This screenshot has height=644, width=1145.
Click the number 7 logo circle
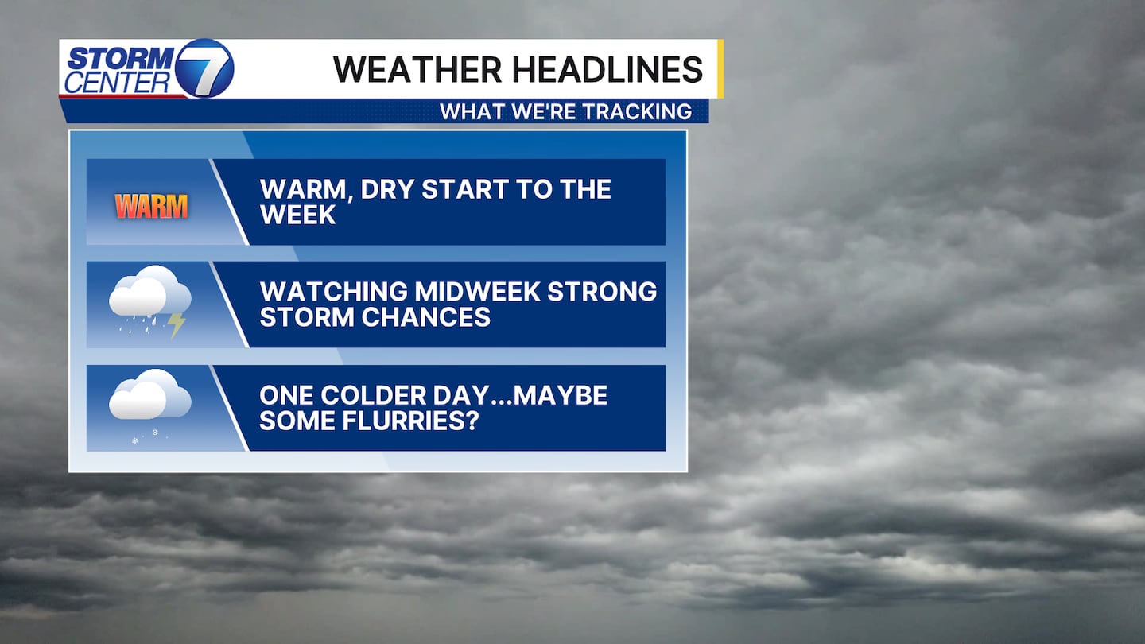204,68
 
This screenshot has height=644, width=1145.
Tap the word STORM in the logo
122,58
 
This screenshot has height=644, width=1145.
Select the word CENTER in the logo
117,83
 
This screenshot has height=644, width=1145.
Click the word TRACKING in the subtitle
642,111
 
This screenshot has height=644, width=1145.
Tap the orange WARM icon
151,207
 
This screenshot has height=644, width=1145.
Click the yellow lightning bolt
177,325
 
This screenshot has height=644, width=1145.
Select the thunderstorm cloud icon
149,301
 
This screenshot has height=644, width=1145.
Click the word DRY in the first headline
387,189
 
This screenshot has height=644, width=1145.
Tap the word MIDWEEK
477,291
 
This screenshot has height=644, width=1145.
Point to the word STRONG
602,291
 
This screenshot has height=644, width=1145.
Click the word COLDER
373,395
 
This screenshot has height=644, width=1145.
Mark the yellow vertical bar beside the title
720,68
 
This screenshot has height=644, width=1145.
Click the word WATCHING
333,291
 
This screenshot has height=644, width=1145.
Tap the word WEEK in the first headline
298,215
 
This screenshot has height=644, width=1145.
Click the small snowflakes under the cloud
146,436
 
